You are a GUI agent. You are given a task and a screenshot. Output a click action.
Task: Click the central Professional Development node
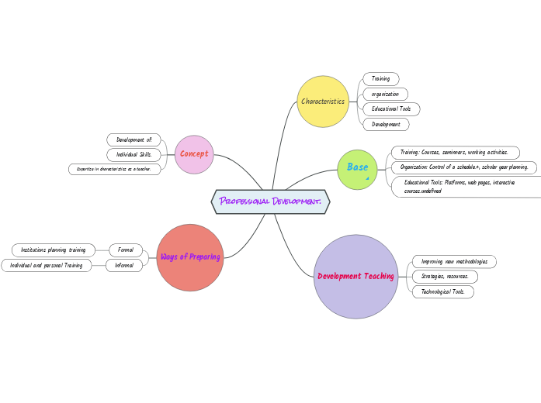pos(270,201)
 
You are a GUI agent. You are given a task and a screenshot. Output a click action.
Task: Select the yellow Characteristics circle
pos(323,102)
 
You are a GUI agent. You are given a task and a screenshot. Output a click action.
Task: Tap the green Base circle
pos(357,169)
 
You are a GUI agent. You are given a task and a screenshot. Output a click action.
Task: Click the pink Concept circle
pos(194,154)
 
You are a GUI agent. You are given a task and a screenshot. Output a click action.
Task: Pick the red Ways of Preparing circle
pos(190,257)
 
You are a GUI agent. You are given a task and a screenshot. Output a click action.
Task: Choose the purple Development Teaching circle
pos(355,277)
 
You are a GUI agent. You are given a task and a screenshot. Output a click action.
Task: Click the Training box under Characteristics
pos(380,79)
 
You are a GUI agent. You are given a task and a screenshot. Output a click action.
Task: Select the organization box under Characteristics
pos(385,94)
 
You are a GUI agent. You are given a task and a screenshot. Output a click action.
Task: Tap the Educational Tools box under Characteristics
pos(391,109)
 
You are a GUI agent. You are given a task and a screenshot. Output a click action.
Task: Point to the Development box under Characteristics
pos(386,124)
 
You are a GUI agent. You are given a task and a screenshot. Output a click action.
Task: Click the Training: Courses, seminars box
pos(454,153)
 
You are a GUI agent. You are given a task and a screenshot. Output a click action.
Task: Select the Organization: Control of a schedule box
pos(463,167)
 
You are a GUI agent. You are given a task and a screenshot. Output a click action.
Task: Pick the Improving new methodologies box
pos(453,262)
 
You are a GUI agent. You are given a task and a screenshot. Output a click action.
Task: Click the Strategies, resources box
pos(444,277)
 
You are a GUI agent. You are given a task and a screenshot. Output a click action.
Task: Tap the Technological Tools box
pos(442,291)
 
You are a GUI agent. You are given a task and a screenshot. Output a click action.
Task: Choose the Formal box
pos(126,250)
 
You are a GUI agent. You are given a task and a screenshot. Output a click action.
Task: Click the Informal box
pos(124,265)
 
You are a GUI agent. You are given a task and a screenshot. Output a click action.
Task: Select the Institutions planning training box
pos(53,250)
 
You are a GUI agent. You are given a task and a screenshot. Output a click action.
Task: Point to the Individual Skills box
pos(134,154)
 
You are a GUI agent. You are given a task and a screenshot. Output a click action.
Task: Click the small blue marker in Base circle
pos(367,178)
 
